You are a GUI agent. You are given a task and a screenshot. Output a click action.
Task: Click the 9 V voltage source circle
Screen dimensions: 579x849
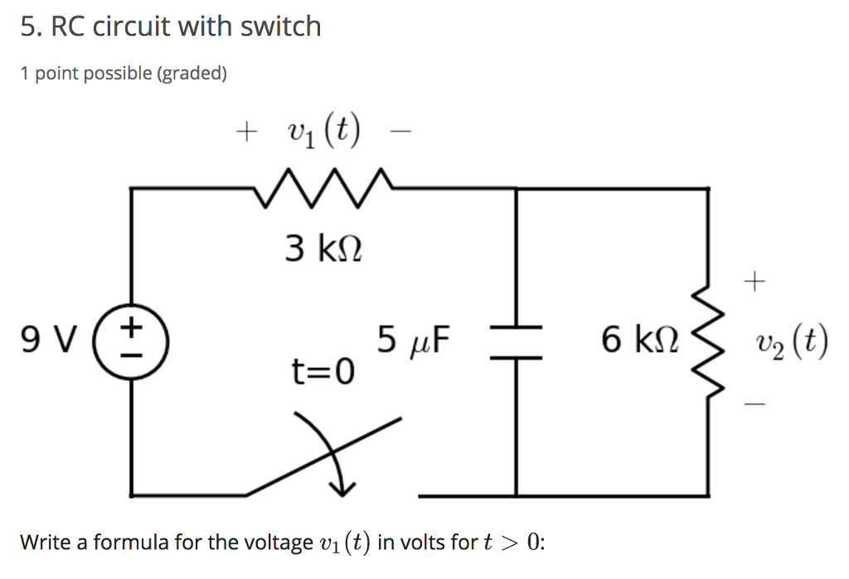click(133, 340)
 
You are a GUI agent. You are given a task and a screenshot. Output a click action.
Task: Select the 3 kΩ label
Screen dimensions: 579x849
click(323, 248)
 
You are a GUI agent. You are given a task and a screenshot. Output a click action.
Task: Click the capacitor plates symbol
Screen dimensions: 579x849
click(517, 341)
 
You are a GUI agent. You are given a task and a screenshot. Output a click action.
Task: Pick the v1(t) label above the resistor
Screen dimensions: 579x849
click(323, 131)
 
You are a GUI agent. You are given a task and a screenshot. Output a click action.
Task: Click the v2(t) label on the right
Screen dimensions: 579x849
click(791, 341)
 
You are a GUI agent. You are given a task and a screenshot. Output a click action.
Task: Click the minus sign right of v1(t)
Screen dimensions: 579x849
click(404, 133)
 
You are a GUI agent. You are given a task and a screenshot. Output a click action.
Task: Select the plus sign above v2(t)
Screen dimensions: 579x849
click(753, 284)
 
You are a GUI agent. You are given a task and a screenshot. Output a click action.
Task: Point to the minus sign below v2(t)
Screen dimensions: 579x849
click(753, 403)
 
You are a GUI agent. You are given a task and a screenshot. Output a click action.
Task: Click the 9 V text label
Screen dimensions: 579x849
click(46, 340)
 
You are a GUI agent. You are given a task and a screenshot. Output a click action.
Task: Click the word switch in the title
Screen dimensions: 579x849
click(280, 27)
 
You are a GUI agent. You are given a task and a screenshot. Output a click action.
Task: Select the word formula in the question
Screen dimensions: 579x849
click(131, 543)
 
